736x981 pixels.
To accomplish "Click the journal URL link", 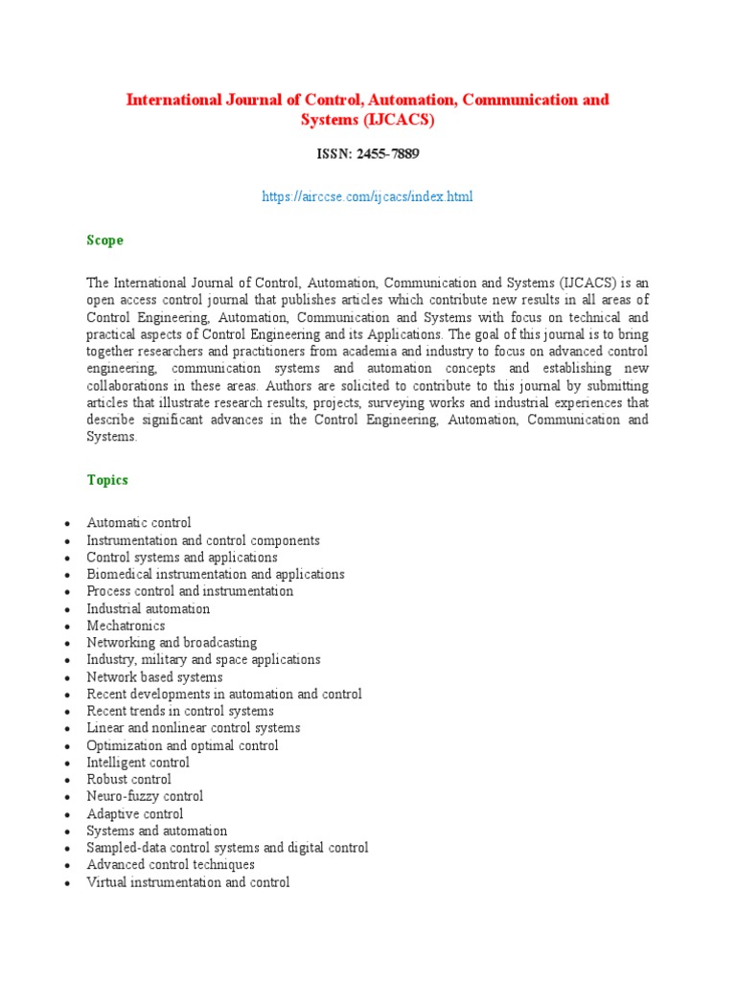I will pos(368,196).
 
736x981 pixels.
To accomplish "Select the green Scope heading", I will pos(104,240).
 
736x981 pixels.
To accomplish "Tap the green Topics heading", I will pos(107,480).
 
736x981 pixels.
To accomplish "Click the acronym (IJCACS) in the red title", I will pos(399,120).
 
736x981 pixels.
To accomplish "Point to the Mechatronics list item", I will pos(126,626).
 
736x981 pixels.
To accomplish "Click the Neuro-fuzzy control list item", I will pos(145,796).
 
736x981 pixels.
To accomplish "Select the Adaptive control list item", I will pos(135,813).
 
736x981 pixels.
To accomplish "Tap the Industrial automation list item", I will pos(148,608).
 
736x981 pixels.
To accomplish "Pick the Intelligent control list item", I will pos(138,763).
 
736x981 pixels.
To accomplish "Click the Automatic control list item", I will pos(139,523).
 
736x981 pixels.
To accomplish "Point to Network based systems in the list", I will pos(155,676).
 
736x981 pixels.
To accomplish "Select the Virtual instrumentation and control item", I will pos(188,882).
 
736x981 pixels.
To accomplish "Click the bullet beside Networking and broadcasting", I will pos(66,644).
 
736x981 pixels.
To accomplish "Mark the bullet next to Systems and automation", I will pos(66,832).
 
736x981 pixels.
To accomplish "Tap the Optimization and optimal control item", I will pos(182,745).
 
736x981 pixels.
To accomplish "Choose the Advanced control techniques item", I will pos(171,865).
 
